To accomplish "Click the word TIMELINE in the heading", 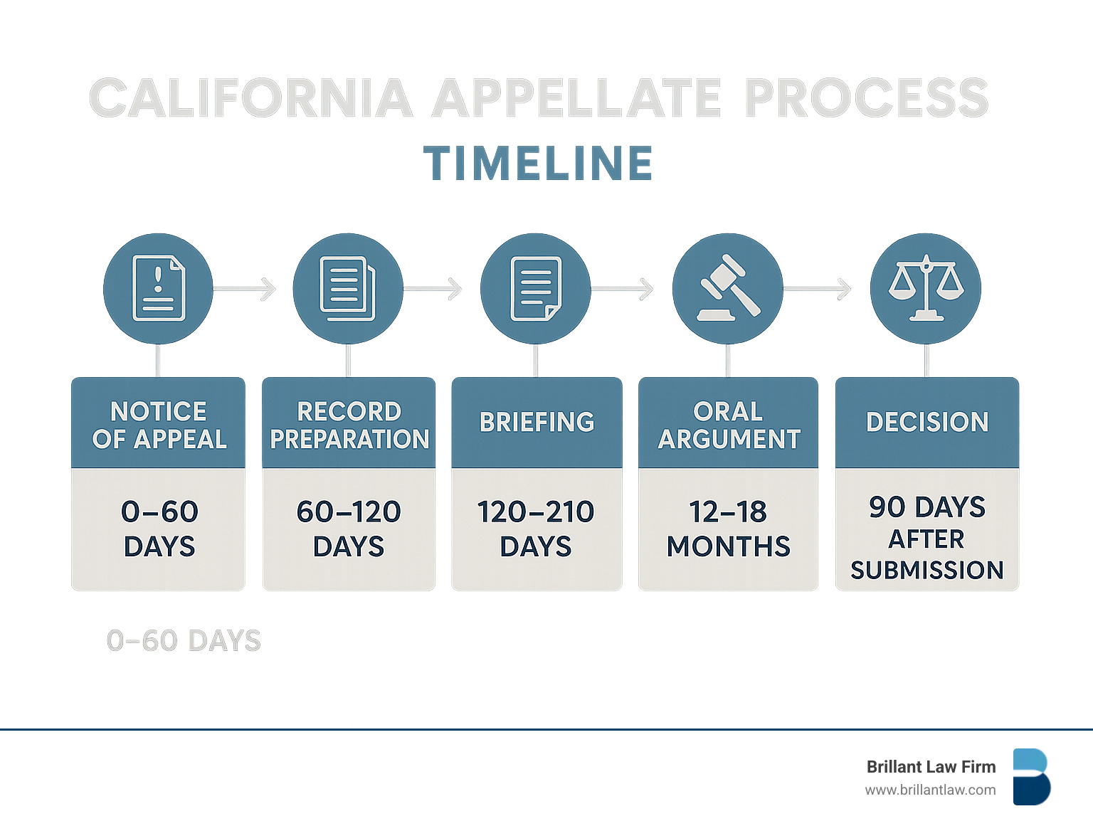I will coord(538,164).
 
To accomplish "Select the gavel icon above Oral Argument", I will coord(728,288).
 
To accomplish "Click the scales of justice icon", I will coord(926,288).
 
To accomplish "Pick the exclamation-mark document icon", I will coord(158,288).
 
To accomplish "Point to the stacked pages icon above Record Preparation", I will coord(348,288).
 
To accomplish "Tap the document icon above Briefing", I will coord(536,288).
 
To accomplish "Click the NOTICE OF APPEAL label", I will coord(159,425).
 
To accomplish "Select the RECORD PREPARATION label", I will coord(349,425).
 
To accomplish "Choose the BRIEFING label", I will coord(537,422).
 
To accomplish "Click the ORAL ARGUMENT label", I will coord(729,425).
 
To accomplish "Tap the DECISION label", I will coord(927,422).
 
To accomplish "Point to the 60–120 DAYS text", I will coord(349,529).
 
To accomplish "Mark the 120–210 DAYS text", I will coord(536,529).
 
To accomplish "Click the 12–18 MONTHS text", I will coord(728,529).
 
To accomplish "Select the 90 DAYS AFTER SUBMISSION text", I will coord(926,538).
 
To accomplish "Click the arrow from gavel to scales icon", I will coord(818,289).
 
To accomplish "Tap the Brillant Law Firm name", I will coord(931,767).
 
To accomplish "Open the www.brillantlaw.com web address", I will coord(930,790).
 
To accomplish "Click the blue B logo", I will coord(1031,777).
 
